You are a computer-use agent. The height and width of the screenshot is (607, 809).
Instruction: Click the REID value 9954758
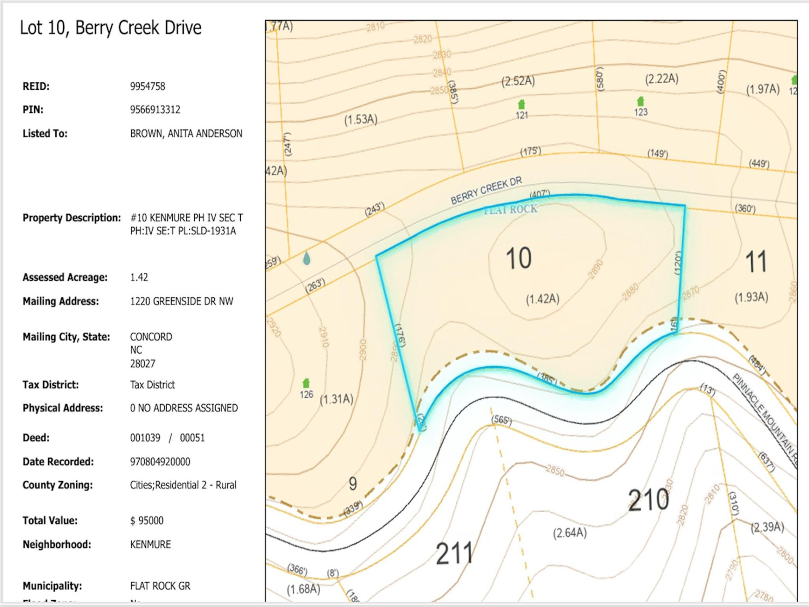pyautogui.click(x=147, y=86)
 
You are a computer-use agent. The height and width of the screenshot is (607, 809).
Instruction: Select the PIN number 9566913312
pyautogui.click(x=155, y=110)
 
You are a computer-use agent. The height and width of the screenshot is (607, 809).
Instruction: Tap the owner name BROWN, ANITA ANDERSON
pyautogui.click(x=186, y=134)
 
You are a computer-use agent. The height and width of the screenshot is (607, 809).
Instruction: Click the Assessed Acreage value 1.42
pyautogui.click(x=139, y=277)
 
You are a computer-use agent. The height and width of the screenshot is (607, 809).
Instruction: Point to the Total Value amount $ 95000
pyautogui.click(x=147, y=521)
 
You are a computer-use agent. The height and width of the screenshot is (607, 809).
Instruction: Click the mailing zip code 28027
pyautogui.click(x=142, y=364)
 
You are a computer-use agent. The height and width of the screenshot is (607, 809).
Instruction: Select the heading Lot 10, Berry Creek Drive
pyautogui.click(x=110, y=28)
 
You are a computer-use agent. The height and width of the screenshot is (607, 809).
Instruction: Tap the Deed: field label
pyautogui.click(x=36, y=438)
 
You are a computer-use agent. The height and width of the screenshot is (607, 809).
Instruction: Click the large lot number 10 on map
pyautogui.click(x=518, y=258)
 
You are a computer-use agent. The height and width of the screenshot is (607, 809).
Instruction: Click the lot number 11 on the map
pyautogui.click(x=756, y=262)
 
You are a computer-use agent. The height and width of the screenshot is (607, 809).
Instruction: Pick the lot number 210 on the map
pyautogui.click(x=648, y=500)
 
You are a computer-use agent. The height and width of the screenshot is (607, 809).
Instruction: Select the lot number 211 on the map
pyautogui.click(x=454, y=553)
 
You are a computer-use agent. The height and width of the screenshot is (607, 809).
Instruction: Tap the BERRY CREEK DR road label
pyautogui.click(x=486, y=191)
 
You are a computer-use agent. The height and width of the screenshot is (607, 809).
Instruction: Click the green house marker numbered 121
pyautogui.click(x=521, y=104)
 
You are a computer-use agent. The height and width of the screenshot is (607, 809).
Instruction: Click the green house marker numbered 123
pyautogui.click(x=640, y=101)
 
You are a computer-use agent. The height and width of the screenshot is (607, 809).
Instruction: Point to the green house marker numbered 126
pyautogui.click(x=306, y=383)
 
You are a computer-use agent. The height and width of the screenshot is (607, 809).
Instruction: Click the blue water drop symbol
pyautogui.click(x=307, y=258)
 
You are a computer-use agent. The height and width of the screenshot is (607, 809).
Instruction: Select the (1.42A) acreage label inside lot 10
pyautogui.click(x=542, y=299)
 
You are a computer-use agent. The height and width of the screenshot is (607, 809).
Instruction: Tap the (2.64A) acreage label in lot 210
pyautogui.click(x=570, y=533)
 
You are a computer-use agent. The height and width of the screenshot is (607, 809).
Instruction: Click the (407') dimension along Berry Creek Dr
pyautogui.click(x=540, y=194)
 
